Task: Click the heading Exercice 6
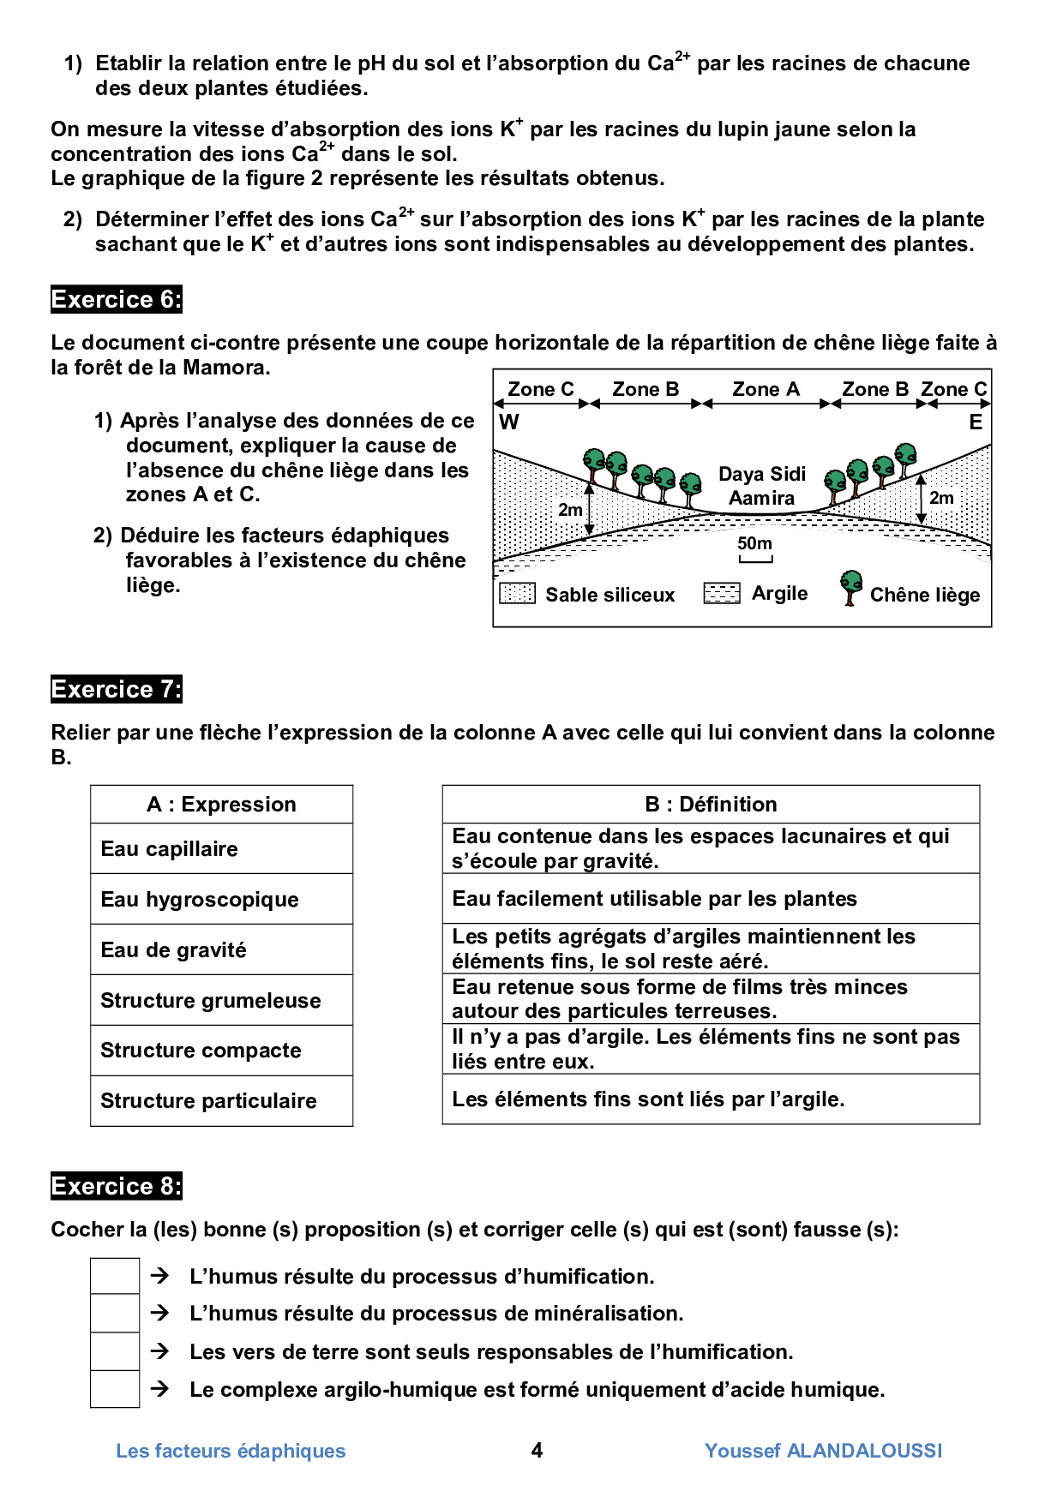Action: point(116,300)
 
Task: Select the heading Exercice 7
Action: point(116,690)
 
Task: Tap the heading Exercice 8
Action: point(116,1187)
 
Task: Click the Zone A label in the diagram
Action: point(766,390)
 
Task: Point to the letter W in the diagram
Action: point(508,422)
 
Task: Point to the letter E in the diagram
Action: point(976,422)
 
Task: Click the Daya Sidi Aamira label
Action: point(762,486)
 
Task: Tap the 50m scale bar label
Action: point(754,543)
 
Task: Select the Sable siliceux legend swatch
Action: point(517,593)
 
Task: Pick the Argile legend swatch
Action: point(721,593)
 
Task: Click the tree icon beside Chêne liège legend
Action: point(850,588)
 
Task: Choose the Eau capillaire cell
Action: point(221,849)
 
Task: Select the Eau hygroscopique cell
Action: point(221,900)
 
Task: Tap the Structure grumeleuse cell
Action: point(221,1001)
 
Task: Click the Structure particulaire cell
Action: point(221,1101)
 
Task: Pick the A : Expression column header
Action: point(221,805)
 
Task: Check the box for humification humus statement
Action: point(115,1276)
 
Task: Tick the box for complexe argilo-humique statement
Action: point(115,1389)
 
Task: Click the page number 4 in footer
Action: point(537,1450)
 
